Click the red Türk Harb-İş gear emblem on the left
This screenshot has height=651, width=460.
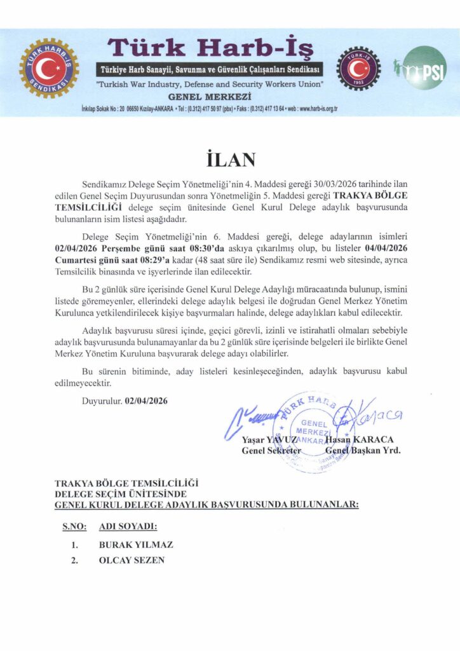[x=49, y=68]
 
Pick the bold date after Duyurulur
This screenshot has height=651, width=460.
[x=151, y=401]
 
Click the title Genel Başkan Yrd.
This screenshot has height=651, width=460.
[x=363, y=451]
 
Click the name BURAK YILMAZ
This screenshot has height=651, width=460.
[x=136, y=545]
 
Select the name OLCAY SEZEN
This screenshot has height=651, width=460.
[x=132, y=560]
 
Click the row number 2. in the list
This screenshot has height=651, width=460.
[x=74, y=560]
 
